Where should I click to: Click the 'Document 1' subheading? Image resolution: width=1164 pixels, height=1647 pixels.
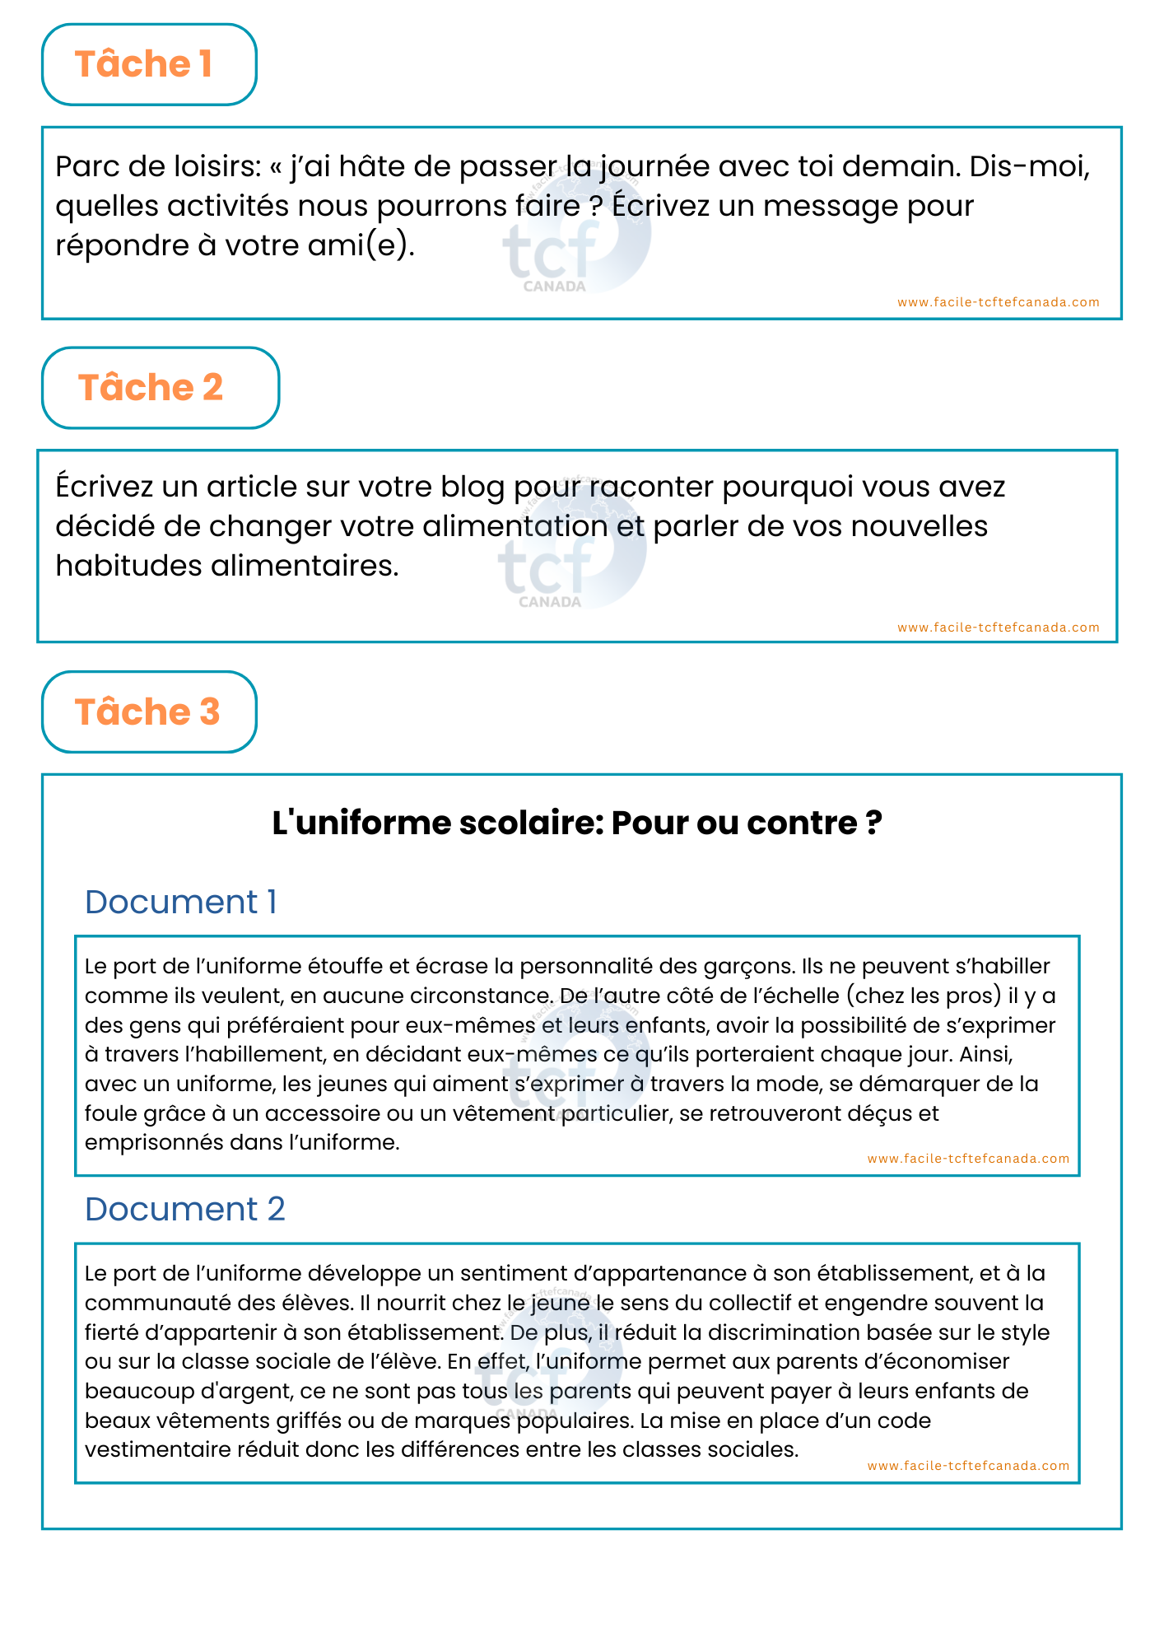[x=180, y=902]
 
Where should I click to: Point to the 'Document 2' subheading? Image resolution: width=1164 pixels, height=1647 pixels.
[x=184, y=1209]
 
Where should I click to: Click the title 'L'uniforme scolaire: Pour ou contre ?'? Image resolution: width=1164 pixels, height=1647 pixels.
[x=577, y=823]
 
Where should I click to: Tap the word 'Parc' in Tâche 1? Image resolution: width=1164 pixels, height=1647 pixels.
[x=87, y=167]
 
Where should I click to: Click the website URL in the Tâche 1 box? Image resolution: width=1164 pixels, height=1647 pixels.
[x=998, y=302]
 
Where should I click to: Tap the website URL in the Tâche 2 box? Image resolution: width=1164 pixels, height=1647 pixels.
[x=998, y=628]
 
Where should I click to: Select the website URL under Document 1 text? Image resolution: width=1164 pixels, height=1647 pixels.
[x=968, y=1159]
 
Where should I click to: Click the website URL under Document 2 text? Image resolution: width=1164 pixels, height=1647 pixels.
[x=968, y=1466]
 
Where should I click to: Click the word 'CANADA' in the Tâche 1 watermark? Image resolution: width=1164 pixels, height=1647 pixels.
[x=554, y=287]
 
